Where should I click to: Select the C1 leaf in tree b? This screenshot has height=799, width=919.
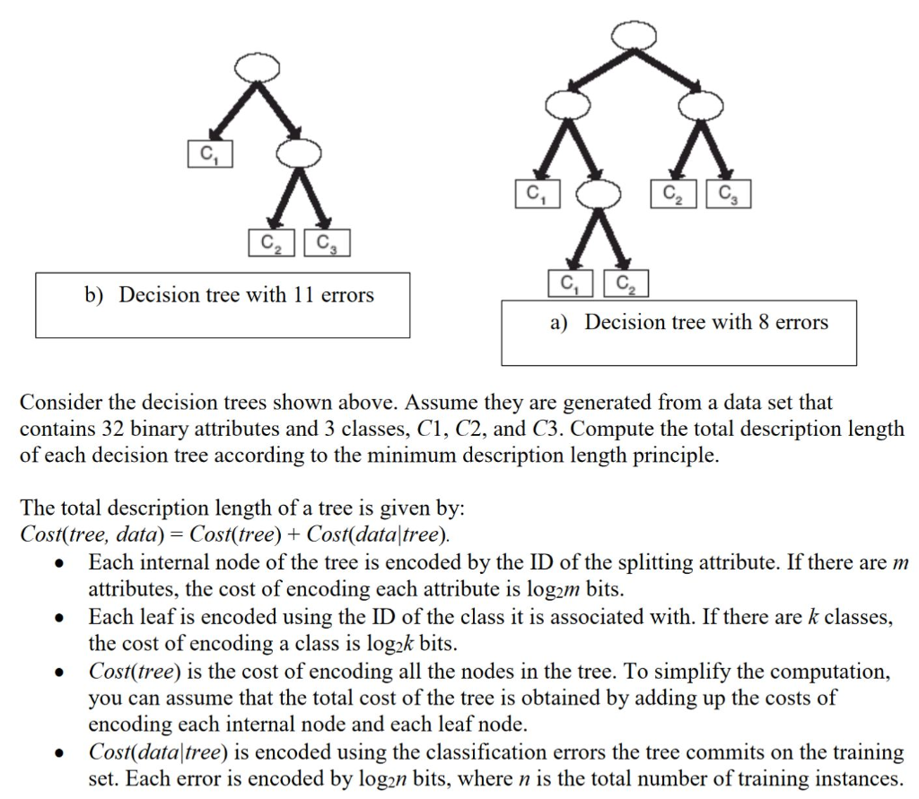tap(208, 153)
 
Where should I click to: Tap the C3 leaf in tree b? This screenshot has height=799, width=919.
tap(327, 242)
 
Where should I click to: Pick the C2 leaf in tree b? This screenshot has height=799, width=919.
tap(270, 242)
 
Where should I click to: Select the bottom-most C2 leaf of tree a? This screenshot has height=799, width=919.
tap(626, 284)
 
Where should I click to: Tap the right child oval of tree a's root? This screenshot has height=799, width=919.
tap(700, 106)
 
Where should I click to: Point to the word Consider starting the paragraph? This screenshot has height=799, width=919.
tap(58, 404)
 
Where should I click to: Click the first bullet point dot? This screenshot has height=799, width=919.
tap(59, 565)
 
